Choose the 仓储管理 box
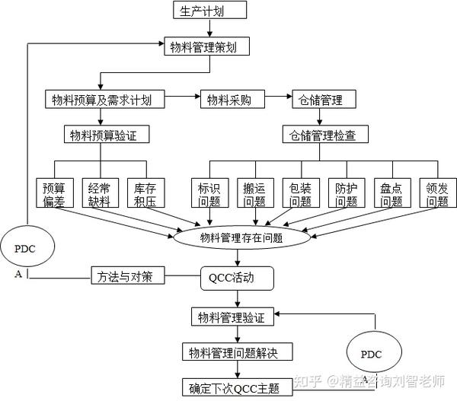click(x=317, y=99)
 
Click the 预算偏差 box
click(x=53, y=194)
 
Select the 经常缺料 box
click(x=99, y=194)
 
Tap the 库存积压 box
click(x=145, y=194)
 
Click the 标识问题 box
click(x=208, y=194)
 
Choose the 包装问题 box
click(x=299, y=194)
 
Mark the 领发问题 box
click(x=437, y=194)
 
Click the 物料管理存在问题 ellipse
click(x=241, y=237)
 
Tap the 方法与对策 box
click(x=126, y=275)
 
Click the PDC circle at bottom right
click(x=371, y=354)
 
